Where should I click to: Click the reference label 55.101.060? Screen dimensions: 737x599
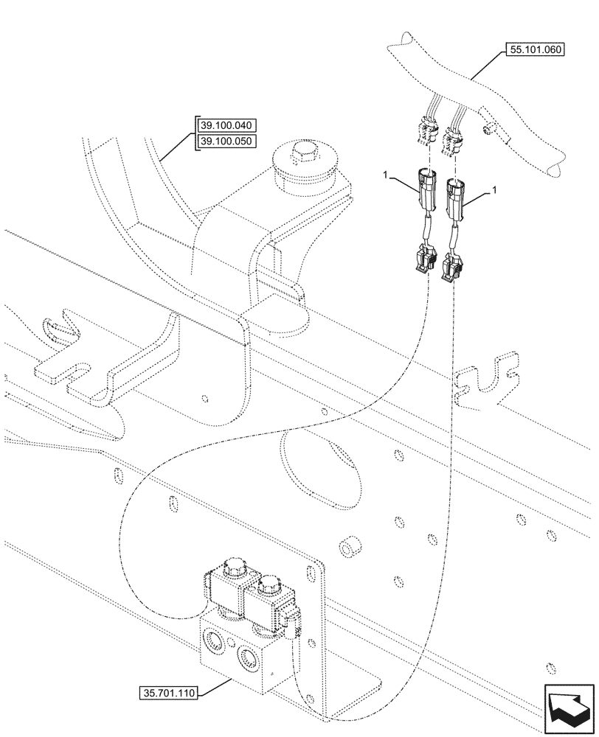(x=534, y=51)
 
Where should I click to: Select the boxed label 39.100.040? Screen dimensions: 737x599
(x=226, y=125)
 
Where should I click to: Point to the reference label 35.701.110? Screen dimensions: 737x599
(x=169, y=693)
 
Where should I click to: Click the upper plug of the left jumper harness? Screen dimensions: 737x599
(x=427, y=188)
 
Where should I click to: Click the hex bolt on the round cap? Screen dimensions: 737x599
(x=303, y=155)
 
